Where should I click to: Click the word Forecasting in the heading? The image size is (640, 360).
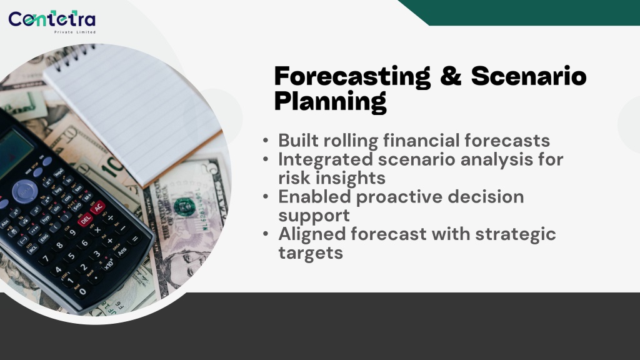pyautogui.click(x=352, y=77)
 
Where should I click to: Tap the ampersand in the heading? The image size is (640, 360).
pyautogui.click(x=451, y=76)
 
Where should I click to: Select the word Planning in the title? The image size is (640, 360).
pyautogui.click(x=330, y=102)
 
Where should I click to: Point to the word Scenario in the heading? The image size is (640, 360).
pyautogui.click(x=529, y=76)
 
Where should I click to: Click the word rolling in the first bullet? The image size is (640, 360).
pyautogui.click(x=351, y=141)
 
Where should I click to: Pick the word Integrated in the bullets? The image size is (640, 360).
pyautogui.click(x=326, y=159)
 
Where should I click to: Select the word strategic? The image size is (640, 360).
pyautogui.click(x=516, y=235)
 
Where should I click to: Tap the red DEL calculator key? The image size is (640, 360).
pyautogui.click(x=85, y=220)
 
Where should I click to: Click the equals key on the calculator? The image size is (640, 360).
pyautogui.click(x=135, y=239)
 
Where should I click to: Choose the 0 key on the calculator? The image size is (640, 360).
pyautogui.click(x=83, y=291)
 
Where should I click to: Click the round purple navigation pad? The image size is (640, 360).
pyautogui.click(x=25, y=191)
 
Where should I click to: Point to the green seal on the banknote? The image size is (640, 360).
pyautogui.click(x=184, y=207)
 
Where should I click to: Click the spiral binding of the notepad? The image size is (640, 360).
pyautogui.click(x=75, y=56)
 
